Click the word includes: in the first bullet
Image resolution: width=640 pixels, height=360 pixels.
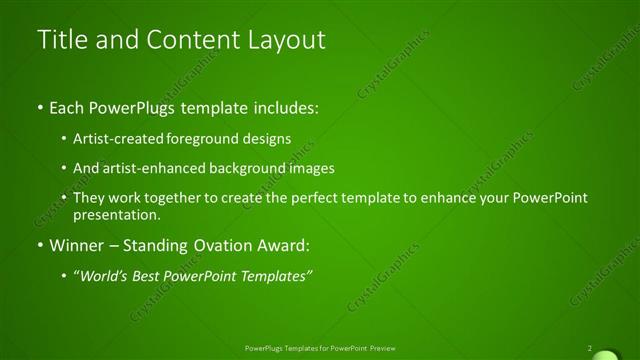point(284,105)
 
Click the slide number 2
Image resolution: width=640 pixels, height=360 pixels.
point(590,348)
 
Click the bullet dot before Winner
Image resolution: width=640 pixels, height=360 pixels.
point(38,246)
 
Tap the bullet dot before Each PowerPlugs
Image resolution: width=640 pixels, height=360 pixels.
point(38,105)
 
